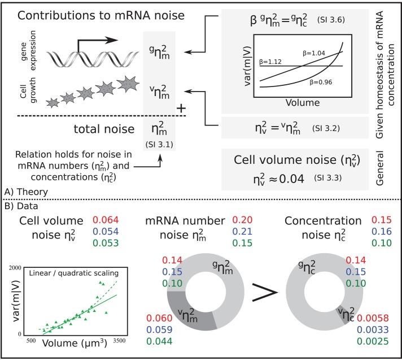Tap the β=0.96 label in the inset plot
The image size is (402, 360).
(x=321, y=82)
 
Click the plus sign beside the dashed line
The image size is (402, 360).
(x=181, y=109)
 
